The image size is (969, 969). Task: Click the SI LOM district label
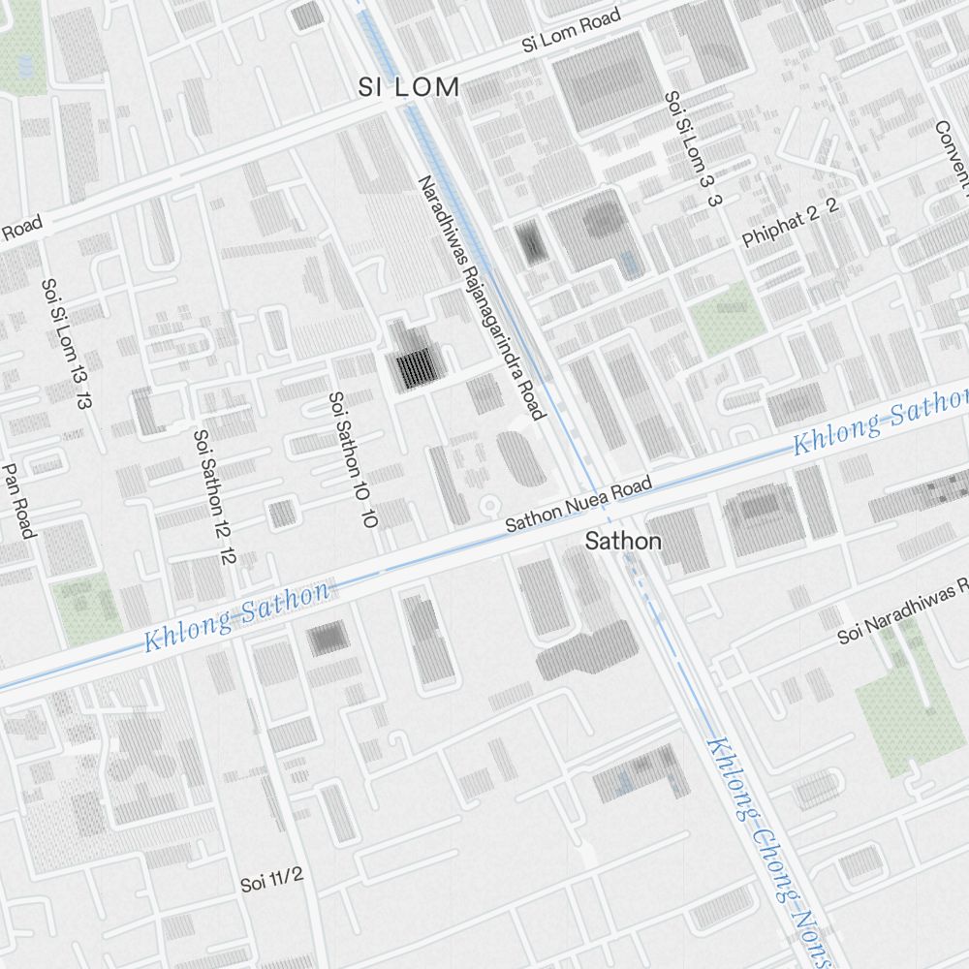click(x=408, y=87)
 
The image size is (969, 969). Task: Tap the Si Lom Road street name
click(x=570, y=31)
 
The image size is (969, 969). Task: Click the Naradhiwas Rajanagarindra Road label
click(x=483, y=297)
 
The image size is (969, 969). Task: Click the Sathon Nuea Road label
click(x=578, y=507)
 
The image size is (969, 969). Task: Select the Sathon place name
click(x=623, y=542)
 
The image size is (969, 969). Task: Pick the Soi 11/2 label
click(x=272, y=880)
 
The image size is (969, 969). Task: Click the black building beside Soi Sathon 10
click(x=415, y=368)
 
